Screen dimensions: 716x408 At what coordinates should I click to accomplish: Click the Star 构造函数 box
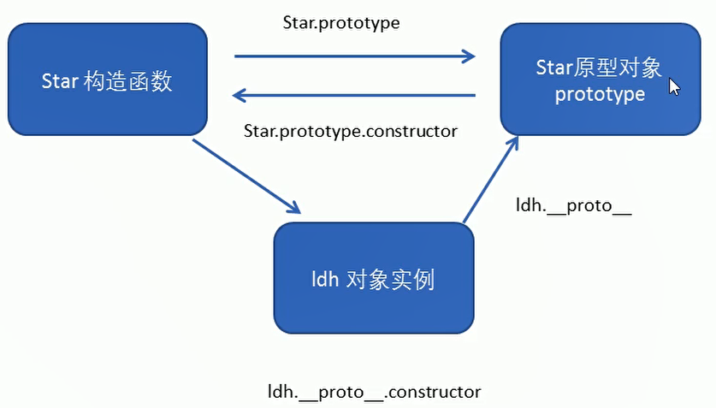pyautogui.click(x=108, y=80)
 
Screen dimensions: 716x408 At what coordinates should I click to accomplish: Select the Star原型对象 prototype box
pyautogui.click(x=601, y=80)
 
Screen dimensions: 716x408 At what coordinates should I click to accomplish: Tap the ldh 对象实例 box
pyautogui.click(x=374, y=278)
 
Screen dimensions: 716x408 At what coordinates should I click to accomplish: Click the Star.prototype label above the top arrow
pyautogui.click(x=341, y=23)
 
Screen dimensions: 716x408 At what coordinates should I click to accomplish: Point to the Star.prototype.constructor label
pyautogui.click(x=350, y=132)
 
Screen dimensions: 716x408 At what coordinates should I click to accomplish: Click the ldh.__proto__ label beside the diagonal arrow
pyautogui.click(x=573, y=206)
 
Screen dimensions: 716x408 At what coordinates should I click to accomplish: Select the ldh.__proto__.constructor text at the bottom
pyautogui.click(x=374, y=392)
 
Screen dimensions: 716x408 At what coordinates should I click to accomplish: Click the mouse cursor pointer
pyautogui.click(x=674, y=86)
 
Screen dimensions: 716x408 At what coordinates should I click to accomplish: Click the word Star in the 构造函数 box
pyautogui.click(x=60, y=81)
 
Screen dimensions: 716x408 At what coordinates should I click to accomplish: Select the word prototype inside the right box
pyautogui.click(x=600, y=95)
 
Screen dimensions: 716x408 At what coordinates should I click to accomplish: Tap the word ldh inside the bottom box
pyautogui.click(x=325, y=280)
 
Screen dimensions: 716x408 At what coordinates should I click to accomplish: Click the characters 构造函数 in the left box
pyautogui.click(x=128, y=82)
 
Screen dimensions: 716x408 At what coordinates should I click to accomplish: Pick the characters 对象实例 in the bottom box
pyautogui.click(x=390, y=280)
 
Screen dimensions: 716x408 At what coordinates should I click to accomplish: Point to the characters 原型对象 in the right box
pyautogui.click(x=618, y=68)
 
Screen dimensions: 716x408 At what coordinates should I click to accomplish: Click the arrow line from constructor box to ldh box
pyautogui.click(x=247, y=176)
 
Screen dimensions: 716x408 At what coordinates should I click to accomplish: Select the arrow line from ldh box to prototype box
pyautogui.click(x=491, y=180)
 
